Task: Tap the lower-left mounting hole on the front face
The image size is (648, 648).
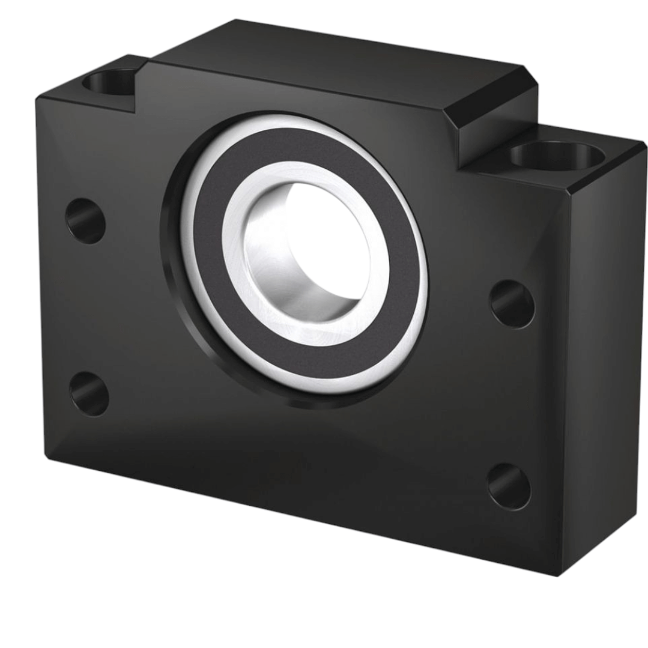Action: [x=89, y=393]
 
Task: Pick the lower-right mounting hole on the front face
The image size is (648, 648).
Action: [x=509, y=486]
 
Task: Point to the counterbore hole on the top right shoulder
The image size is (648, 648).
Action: [x=556, y=155]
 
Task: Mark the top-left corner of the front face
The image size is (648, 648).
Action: [x=37, y=99]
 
